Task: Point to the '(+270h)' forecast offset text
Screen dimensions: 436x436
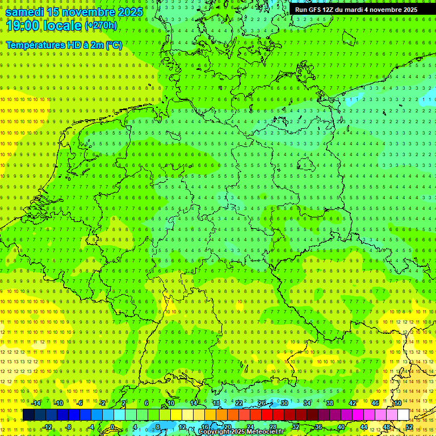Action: pyautogui.click(x=101, y=25)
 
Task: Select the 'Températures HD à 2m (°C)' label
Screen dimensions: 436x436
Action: pyautogui.click(x=64, y=44)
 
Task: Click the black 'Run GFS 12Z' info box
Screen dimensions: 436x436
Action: pyautogui.click(x=356, y=10)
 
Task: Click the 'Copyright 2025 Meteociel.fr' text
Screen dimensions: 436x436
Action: pyautogui.click(x=241, y=432)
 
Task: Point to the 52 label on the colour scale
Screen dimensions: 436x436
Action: pyautogui.click(x=409, y=426)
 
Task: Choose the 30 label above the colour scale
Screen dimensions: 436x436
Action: pyautogui.click(x=284, y=403)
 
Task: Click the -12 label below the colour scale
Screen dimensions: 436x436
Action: pyautogui.click(x=47, y=426)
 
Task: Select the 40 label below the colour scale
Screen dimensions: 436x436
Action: pyautogui.click(x=341, y=426)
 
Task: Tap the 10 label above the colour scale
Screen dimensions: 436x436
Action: pyautogui.click(x=170, y=403)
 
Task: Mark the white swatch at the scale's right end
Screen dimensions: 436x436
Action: pyautogui.click(x=403, y=414)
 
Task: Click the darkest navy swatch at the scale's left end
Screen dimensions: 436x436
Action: pyautogui.click(x=28, y=414)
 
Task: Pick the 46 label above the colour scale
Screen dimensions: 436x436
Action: pyautogui.click(x=375, y=403)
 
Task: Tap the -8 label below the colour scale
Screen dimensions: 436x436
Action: pyautogui.click(x=69, y=426)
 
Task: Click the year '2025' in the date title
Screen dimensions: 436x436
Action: pyautogui.click(x=130, y=11)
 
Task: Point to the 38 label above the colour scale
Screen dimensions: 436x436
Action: pyautogui.click(x=329, y=403)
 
